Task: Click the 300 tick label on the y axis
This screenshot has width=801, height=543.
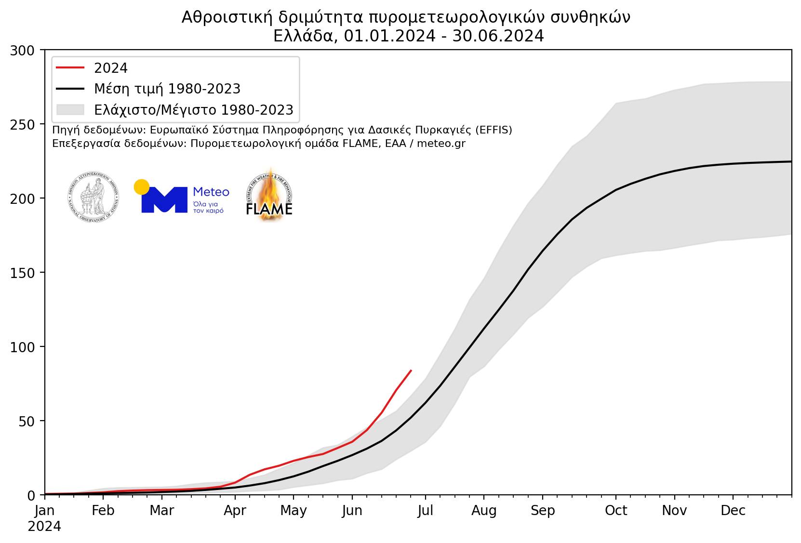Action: [23, 50]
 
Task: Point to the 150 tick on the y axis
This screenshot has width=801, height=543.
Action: [23, 273]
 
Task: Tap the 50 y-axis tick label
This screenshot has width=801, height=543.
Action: [27, 421]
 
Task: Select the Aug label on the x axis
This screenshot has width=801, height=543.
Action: [484, 511]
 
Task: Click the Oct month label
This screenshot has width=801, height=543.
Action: [616, 511]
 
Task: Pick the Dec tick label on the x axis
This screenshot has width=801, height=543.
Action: [733, 511]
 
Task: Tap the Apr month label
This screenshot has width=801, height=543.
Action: [235, 511]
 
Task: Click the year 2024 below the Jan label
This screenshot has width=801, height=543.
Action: [44, 527]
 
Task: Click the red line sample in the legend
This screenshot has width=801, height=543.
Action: [70, 68]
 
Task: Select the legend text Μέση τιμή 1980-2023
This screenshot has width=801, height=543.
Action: [167, 89]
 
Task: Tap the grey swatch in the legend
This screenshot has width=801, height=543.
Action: [70, 110]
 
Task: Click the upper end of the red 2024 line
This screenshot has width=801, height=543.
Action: [411, 371]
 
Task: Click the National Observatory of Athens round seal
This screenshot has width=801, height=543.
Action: [93, 198]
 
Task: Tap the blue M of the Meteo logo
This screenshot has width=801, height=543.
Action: [164, 199]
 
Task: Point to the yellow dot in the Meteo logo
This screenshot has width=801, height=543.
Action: [141, 187]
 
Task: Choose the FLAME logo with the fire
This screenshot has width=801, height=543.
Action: [269, 196]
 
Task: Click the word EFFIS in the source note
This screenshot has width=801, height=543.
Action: [494, 131]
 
